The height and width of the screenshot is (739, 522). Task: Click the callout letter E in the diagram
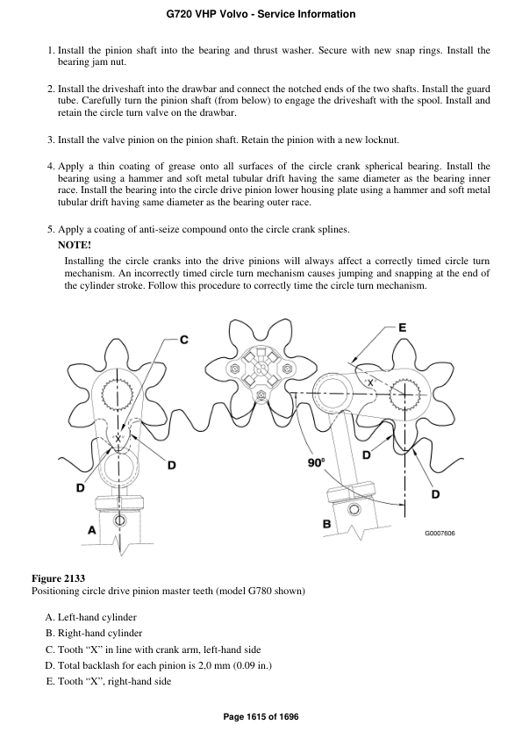402,327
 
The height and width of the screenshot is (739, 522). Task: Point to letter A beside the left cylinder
91,529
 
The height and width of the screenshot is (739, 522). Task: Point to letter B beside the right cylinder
326,524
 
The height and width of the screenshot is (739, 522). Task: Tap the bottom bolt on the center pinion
261,396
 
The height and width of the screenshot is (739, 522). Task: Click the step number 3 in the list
50,140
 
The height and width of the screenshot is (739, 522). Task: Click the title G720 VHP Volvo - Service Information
261,15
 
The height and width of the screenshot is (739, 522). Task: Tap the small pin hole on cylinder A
120,521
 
